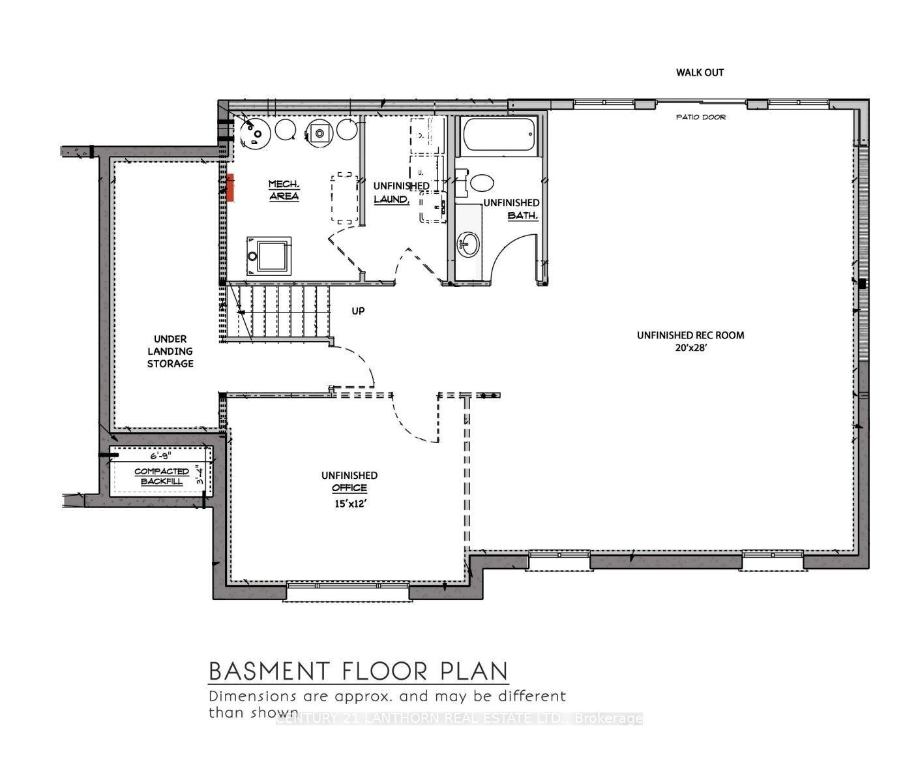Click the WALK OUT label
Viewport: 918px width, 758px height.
[700, 72]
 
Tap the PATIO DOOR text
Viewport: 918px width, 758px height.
[700, 117]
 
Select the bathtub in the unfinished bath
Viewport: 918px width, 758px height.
[499, 135]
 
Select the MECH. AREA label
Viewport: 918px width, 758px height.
[284, 190]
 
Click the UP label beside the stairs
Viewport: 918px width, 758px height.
[358, 311]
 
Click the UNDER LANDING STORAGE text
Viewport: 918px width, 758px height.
[170, 351]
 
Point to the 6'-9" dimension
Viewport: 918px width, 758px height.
[160, 457]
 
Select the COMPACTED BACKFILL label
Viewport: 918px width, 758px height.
[162, 476]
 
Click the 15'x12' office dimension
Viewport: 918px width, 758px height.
[349, 504]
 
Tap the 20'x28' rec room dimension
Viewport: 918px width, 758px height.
[690, 348]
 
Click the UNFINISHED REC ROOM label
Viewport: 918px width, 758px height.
[690, 335]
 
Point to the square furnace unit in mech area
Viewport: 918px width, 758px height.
[268, 256]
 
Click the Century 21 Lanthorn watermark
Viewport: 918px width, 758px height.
[459, 719]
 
